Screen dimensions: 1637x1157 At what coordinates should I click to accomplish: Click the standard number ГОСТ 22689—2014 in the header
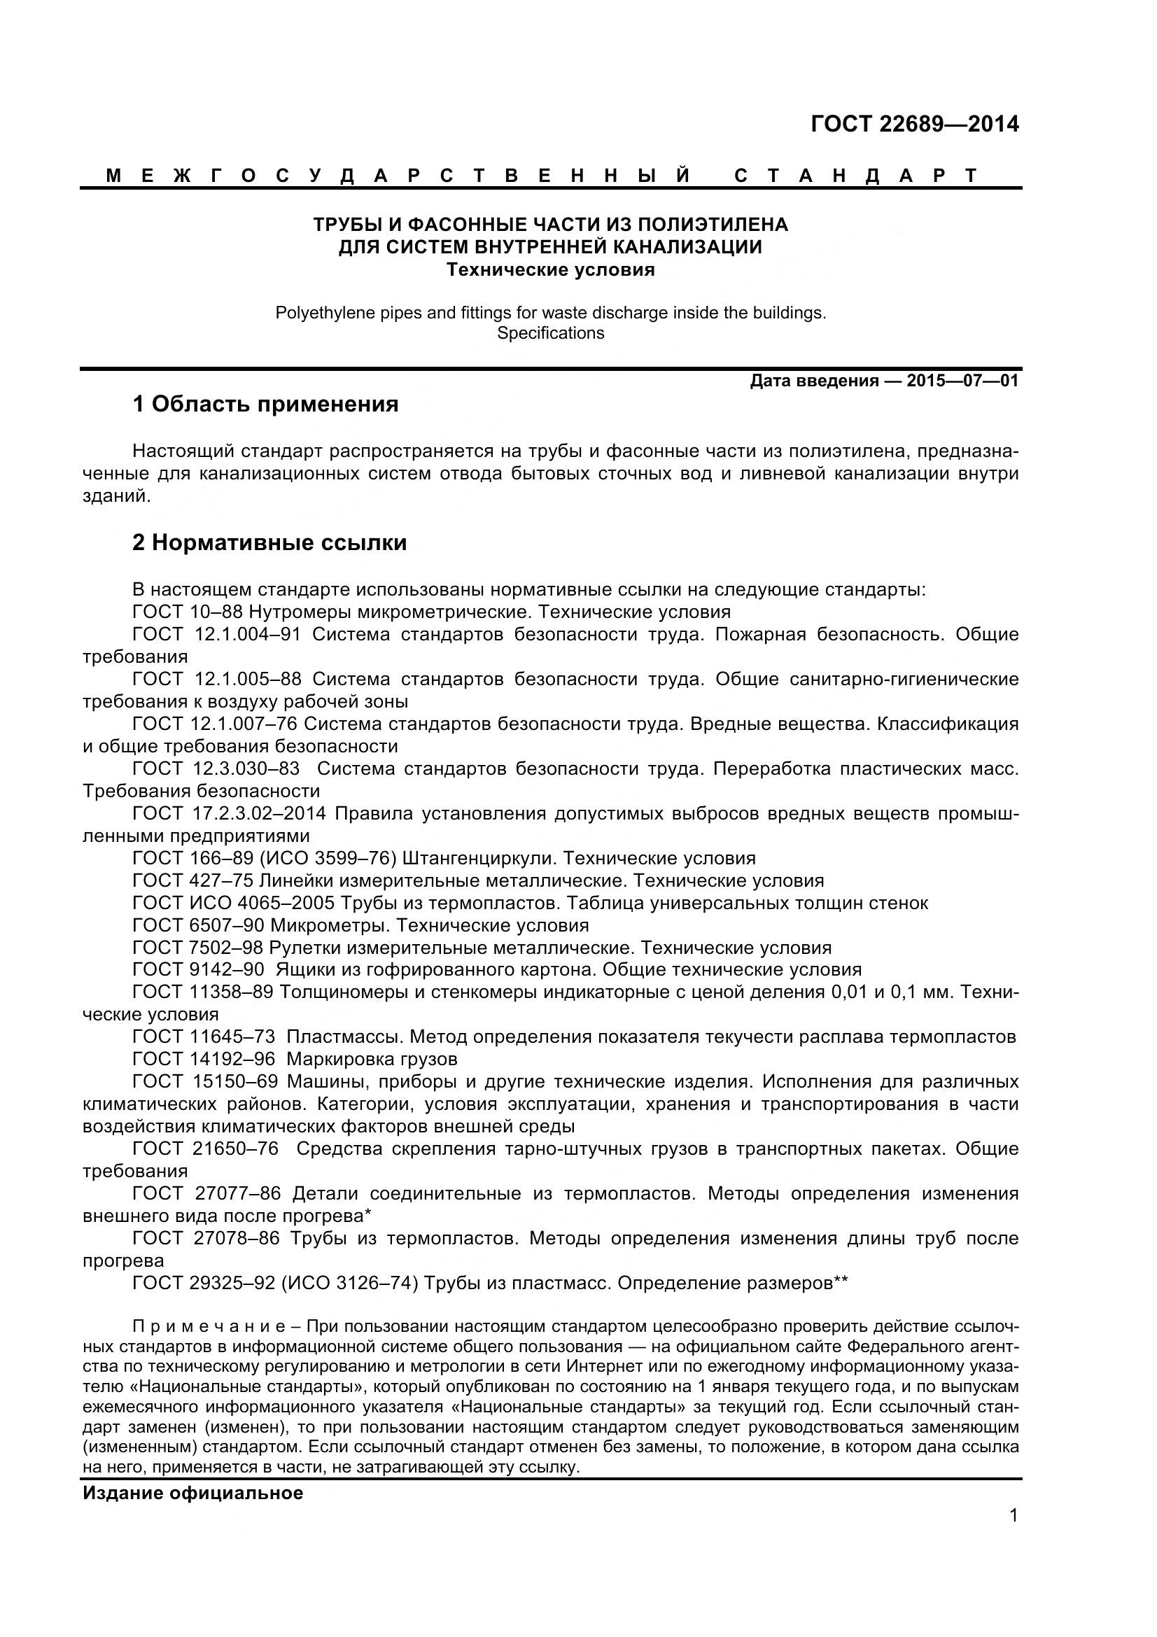(915, 125)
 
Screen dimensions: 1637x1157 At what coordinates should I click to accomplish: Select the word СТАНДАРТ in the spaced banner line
(856, 176)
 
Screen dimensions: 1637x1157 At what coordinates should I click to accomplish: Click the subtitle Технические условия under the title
(550, 270)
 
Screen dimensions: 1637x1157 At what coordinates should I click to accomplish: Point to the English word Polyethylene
(313, 312)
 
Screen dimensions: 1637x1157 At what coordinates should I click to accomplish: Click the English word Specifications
(550, 333)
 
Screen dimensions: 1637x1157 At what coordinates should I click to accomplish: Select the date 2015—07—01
(962, 381)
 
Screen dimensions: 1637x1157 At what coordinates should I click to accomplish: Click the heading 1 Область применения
(265, 405)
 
